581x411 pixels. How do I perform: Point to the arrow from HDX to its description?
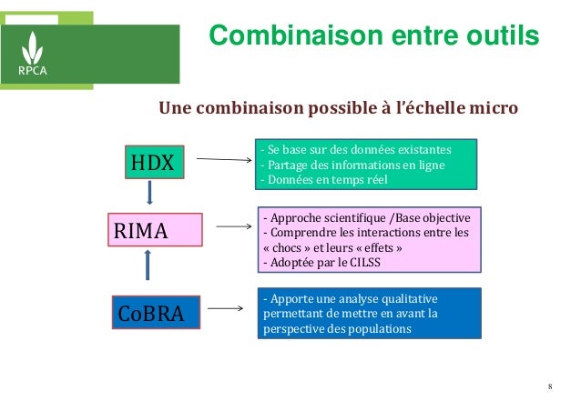224,161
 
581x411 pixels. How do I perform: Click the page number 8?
551,390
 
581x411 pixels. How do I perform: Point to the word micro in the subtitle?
493,109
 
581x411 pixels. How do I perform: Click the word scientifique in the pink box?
351,217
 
